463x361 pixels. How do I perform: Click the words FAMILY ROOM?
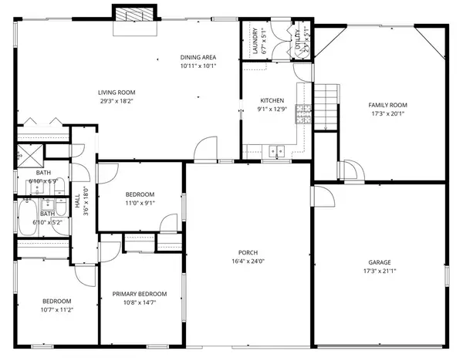387,105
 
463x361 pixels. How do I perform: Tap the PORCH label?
248,252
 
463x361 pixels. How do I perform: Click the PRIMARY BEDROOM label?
140,293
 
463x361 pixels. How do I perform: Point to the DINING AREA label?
198,57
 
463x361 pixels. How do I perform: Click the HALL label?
78,202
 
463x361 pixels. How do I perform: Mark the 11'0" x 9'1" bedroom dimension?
140,204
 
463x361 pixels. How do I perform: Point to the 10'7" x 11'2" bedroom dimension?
57,309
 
